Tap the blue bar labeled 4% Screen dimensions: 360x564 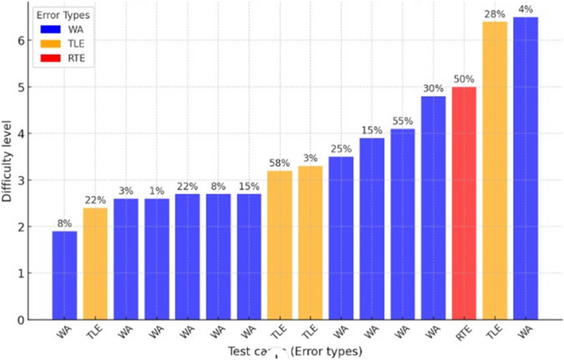click(x=525, y=168)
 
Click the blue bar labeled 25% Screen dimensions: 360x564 click(x=341, y=238)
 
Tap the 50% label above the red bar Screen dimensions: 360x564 click(x=464, y=79)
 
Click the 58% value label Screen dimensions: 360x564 click(x=279, y=163)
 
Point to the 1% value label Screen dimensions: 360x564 click(x=156, y=191)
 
